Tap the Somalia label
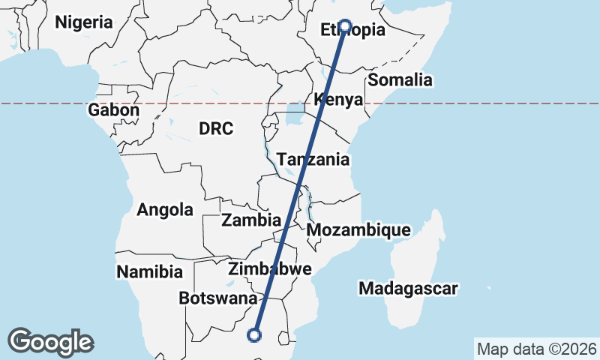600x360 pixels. [x=400, y=80]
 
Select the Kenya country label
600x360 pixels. [x=339, y=100]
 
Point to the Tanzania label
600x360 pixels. [x=313, y=160]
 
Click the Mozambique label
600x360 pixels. [x=358, y=229]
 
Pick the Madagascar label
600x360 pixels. [x=408, y=288]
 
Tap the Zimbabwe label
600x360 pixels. [x=270, y=269]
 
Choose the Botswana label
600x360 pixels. [x=218, y=298]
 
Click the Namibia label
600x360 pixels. [x=150, y=271]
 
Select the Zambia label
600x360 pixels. [x=251, y=220]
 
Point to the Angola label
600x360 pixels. [x=165, y=210]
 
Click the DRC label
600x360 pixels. [x=216, y=129]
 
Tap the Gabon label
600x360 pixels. [x=114, y=110]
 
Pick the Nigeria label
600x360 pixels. [x=84, y=22]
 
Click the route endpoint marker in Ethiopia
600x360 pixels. [x=345, y=26]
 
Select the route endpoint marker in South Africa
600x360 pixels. [x=255, y=334]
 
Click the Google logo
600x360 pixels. [x=50, y=341]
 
